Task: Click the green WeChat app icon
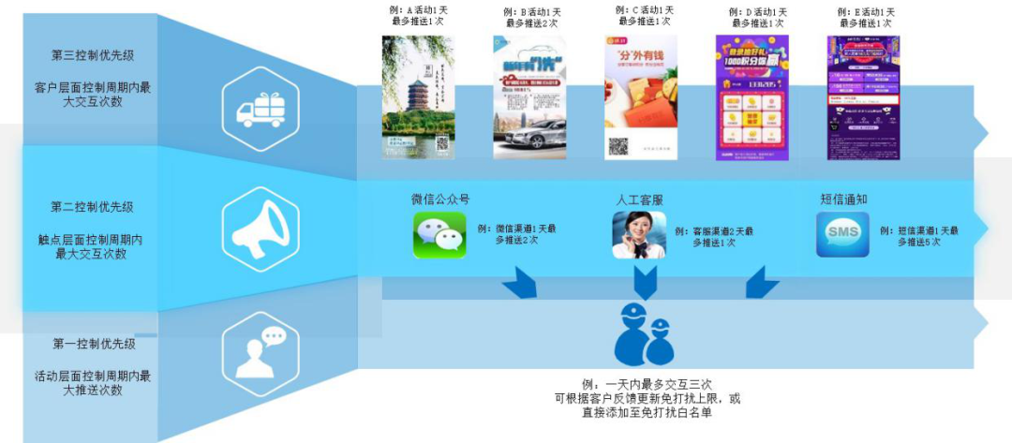439,234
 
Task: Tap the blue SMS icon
841,234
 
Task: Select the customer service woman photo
639,235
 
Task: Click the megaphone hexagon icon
260,229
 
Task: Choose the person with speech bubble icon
260,347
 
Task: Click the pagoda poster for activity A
418,96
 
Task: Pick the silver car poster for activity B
529,96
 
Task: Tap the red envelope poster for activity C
641,96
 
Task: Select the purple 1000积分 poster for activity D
752,96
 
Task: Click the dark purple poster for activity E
863,96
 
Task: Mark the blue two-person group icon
645,335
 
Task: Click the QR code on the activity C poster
618,147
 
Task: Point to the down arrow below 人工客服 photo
646,281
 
